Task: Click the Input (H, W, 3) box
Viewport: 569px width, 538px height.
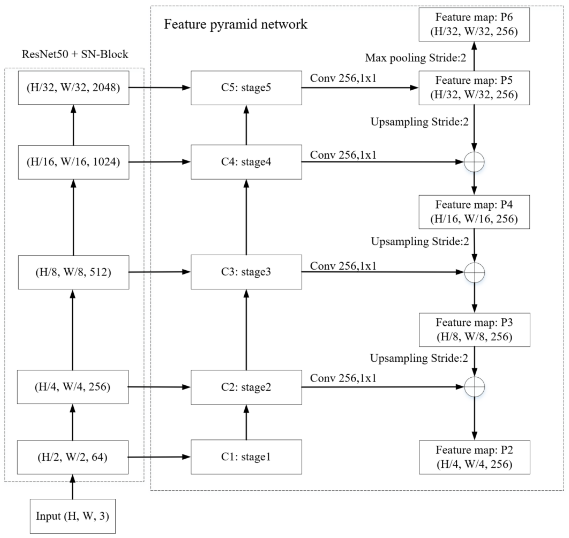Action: pos(73,516)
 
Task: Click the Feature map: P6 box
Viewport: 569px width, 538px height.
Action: pos(474,24)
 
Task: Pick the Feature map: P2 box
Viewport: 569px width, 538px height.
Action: pos(474,457)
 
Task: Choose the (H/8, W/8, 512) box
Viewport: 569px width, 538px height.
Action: pos(73,272)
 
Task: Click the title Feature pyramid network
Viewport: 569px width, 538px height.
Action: pos(235,24)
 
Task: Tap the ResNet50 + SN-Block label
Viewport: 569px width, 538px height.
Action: pos(75,54)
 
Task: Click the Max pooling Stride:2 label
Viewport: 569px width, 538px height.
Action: pos(415,58)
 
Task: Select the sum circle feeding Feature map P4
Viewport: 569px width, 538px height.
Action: pos(474,162)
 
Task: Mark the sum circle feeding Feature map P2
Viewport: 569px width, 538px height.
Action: pos(474,387)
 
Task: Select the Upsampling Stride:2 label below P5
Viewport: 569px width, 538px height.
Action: pos(419,122)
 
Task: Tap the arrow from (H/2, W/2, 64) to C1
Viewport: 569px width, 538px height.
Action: pos(159,457)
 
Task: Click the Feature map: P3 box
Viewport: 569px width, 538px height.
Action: pos(474,330)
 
